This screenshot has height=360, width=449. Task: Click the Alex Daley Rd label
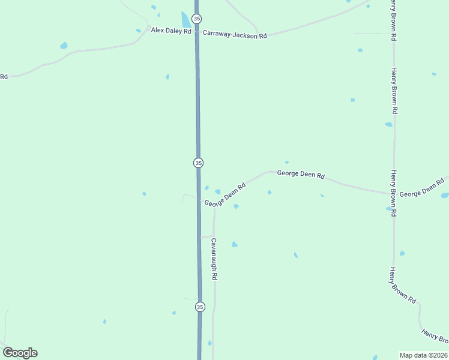coord(171,30)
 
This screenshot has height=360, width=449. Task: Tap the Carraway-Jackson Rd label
coord(235,35)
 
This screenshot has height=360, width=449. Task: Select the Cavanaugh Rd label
coord(213,260)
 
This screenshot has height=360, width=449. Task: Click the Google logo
coord(20,353)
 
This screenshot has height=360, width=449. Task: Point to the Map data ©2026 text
coord(423,355)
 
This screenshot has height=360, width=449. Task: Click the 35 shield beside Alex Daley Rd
coord(196,19)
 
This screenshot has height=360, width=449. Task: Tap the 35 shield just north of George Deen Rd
coord(198,163)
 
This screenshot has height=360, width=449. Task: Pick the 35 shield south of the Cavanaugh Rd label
coord(200,307)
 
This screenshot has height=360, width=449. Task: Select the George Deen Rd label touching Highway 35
coord(225,195)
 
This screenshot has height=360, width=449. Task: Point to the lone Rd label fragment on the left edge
coord(4,76)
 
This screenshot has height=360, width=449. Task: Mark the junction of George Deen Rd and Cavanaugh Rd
coord(214,205)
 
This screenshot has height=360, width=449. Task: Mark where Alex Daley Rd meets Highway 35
coord(197,31)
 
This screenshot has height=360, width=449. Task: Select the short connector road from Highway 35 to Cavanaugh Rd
coord(207,236)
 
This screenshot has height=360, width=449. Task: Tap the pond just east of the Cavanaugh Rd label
coord(234,244)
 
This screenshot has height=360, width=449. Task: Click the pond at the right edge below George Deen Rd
coord(444,196)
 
